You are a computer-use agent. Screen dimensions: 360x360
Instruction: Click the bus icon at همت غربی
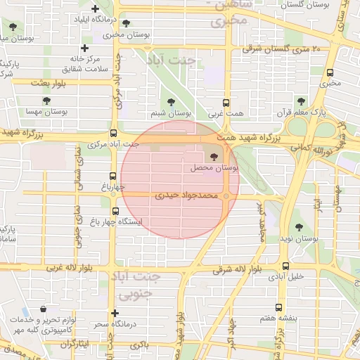226,102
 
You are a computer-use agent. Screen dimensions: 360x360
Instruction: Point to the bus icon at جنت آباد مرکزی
114,133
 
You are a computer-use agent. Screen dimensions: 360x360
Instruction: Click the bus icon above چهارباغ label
112,176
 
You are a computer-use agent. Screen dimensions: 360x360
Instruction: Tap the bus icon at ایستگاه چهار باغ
115,210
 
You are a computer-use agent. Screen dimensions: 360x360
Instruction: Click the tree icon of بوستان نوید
300,228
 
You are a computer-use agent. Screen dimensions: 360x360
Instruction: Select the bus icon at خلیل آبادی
285,266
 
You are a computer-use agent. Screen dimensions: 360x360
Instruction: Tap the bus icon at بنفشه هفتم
279,307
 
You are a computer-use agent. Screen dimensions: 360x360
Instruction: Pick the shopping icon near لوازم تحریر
44,309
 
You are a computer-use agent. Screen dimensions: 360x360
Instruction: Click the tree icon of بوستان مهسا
46,101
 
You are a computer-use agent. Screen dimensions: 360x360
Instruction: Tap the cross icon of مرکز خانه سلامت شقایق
85,49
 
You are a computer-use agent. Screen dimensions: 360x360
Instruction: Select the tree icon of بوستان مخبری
126,23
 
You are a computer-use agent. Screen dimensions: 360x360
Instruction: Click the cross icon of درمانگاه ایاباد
94,8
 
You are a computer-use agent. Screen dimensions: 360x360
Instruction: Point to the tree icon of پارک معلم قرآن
302,101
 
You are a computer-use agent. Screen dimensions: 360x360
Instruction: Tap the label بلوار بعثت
48,84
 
